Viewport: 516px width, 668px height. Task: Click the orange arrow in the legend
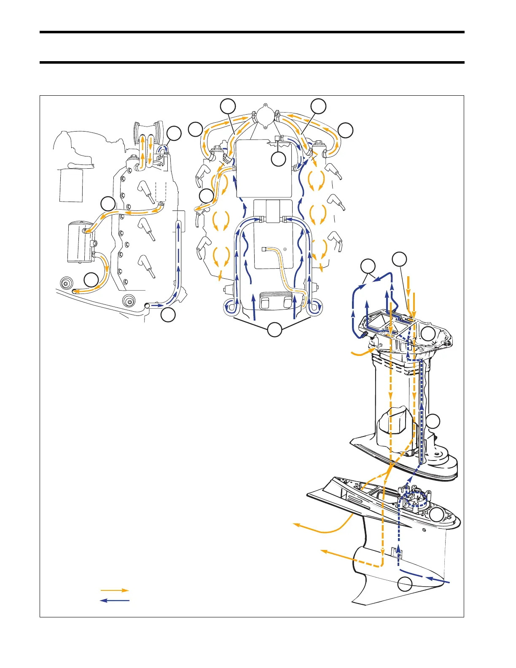pos(114,590)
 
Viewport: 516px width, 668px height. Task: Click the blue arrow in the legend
pos(114,600)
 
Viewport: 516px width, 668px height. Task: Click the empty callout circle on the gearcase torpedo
pos(405,584)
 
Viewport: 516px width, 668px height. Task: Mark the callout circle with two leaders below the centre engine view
pos(275,330)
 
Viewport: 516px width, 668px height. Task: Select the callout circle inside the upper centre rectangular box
pos(278,159)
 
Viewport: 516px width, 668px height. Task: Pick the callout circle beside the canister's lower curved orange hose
pos(91,280)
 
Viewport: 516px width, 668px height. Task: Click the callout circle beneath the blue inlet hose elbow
pos(169,315)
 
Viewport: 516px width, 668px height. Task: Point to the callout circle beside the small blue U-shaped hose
pos(174,134)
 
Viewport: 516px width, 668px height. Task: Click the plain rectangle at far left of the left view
pos(71,186)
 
